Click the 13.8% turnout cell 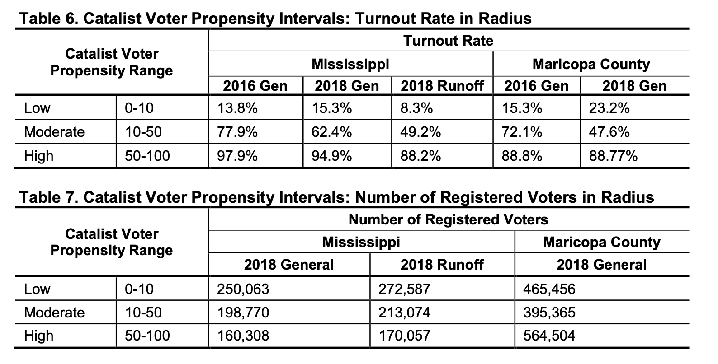pos(237,108)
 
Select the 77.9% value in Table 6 pos(237,132)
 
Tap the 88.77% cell pos(613,156)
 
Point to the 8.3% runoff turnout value pos(416,108)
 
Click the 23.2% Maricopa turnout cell pos(609,108)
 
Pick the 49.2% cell pos(420,132)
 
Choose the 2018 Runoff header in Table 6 pos(442,85)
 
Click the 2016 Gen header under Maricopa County pos(536,85)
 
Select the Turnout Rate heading pos(448,41)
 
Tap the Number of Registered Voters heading pos(448,219)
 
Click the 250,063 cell pos(243,289)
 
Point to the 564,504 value pos(549,336)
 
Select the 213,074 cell pos(404,313)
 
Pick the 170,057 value pos(404,336)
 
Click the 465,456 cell pos(549,289)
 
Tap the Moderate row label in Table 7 pos(54,313)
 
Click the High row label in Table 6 pos(38,156)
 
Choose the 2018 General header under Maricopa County pos(601,264)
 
